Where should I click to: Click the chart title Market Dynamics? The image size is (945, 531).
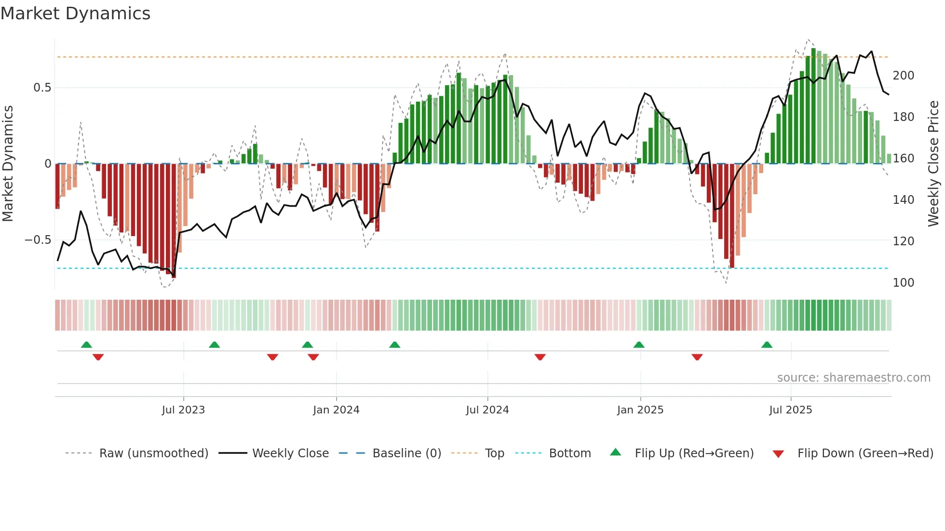tap(75, 13)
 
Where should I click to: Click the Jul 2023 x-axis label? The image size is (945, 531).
tap(183, 410)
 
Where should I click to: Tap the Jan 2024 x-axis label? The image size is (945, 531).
tap(336, 410)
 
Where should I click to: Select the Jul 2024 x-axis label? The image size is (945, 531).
tap(487, 410)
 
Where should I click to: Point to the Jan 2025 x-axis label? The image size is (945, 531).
tap(640, 410)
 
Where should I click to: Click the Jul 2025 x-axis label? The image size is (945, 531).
tap(791, 410)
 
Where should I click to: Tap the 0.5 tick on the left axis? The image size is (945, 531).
tap(42, 88)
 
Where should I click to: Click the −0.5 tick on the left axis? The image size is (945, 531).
tap(38, 240)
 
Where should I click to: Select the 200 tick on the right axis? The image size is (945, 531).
tap(904, 76)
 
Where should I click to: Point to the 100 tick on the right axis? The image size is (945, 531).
tap(904, 283)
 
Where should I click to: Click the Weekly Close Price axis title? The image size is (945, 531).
tap(933, 164)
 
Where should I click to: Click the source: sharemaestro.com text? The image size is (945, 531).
tap(853, 378)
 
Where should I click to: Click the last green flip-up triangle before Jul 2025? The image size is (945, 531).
tap(767, 345)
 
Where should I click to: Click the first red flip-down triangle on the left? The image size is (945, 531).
tap(98, 357)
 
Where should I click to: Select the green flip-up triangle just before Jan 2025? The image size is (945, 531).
tap(639, 345)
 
